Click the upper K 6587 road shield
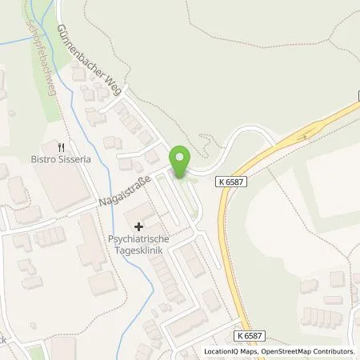[232, 182]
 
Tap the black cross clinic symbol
[138, 227]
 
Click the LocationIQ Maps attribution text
[233, 351]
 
